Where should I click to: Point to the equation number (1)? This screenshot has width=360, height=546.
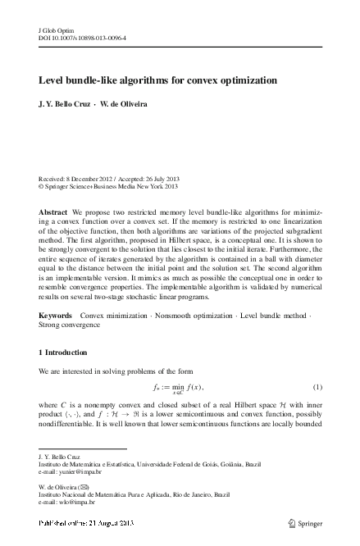316,387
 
